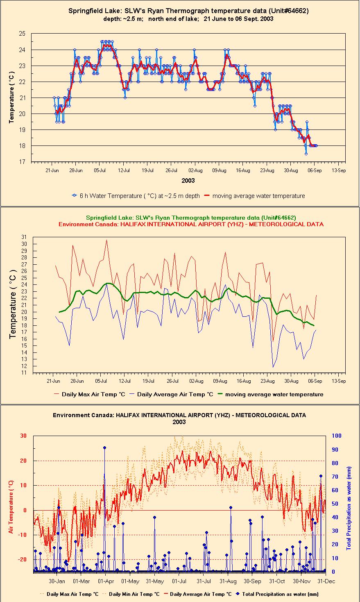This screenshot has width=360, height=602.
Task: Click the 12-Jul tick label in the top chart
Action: tap(124, 170)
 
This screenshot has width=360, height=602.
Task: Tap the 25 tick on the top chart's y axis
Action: tap(22, 34)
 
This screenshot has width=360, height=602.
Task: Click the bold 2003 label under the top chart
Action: tap(188, 181)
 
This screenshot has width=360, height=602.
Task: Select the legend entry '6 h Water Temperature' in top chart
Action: tap(136, 196)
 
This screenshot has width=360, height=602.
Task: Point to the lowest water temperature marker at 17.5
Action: tap(306, 154)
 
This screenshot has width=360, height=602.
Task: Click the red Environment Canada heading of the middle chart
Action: tap(191, 224)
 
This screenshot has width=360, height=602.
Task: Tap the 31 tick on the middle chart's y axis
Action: tap(24, 237)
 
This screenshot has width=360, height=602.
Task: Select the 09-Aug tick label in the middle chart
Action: tap(220, 381)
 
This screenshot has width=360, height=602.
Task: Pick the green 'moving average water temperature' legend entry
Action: tap(270, 394)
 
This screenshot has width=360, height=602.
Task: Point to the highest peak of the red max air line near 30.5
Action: tap(106, 240)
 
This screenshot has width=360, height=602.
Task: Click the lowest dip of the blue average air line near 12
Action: tap(273, 367)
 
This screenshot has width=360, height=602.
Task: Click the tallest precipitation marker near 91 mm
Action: tap(104, 448)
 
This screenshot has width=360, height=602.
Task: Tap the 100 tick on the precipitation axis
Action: tap(337, 436)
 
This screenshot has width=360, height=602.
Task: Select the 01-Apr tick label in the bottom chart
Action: tap(106, 582)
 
